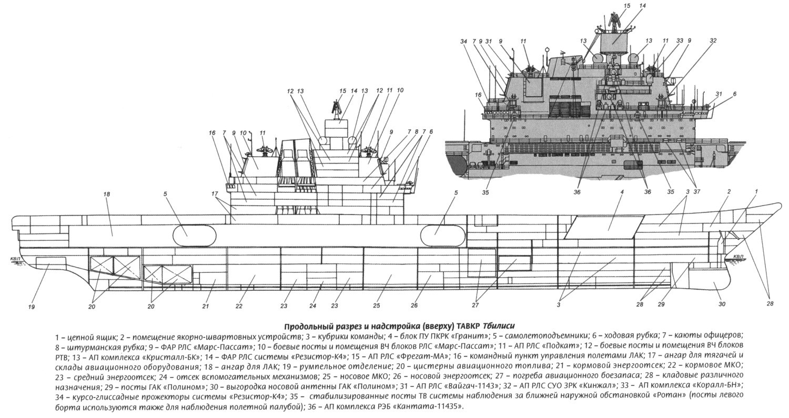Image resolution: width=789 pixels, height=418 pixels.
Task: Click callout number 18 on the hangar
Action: [107, 194]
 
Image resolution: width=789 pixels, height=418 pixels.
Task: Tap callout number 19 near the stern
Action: [32, 307]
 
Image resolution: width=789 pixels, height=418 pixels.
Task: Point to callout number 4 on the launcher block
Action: [622, 193]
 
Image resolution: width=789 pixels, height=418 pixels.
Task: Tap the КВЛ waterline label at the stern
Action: [15, 259]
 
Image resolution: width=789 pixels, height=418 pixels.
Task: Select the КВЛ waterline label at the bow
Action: [739, 257]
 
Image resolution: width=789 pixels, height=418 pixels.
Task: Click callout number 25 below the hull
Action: [377, 306]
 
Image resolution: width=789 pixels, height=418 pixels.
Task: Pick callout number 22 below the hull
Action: [239, 306]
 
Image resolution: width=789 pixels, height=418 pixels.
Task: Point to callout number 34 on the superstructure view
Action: [463, 41]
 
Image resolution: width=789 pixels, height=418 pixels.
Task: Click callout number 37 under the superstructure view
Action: [697, 192]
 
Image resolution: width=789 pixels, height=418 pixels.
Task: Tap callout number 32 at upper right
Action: [713, 41]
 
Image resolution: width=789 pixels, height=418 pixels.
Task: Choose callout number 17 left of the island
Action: [215, 193]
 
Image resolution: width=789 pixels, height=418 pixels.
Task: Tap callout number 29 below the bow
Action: [661, 305]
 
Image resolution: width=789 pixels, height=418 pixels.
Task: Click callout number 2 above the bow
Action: [729, 192]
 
